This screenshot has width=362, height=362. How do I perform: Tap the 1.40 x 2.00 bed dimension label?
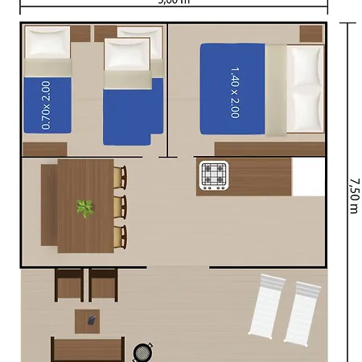point(234,92)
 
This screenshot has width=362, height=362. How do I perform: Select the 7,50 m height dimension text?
point(353,195)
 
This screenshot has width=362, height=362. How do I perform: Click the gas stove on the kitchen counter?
point(214,176)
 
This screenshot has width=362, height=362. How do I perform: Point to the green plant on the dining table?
point(84,208)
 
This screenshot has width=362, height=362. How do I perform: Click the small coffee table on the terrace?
point(88,321)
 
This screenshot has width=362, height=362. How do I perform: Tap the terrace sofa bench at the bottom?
point(87,350)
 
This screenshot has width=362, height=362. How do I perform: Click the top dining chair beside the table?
point(121,177)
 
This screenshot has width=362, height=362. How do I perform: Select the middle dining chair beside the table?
point(121,207)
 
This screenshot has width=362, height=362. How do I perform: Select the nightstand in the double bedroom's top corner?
point(311,34)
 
